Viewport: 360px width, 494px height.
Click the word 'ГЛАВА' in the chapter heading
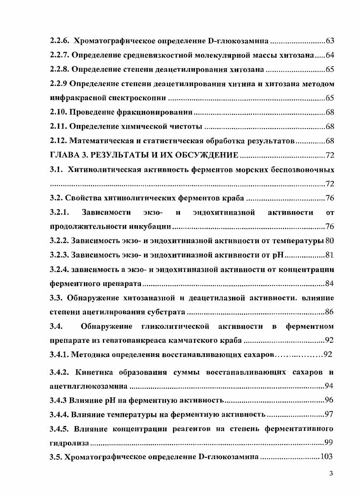pyautogui.click(x=64, y=156)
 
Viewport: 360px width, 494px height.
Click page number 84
pyautogui.click(x=329, y=284)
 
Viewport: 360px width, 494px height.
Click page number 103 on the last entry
pyautogui.click(x=326, y=457)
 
